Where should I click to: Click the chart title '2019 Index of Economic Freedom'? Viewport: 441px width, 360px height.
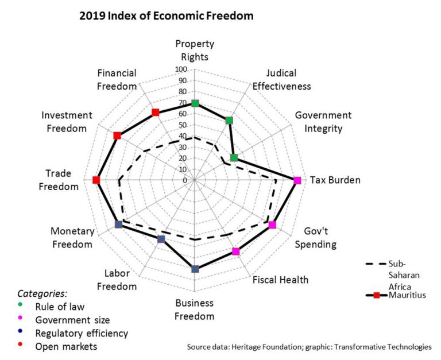166,16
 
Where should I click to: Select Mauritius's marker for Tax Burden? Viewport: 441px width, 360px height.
297,180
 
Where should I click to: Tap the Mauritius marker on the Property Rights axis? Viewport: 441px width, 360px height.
195,103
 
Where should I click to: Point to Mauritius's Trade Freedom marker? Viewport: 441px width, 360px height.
96,180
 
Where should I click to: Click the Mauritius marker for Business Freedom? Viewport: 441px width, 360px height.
195,269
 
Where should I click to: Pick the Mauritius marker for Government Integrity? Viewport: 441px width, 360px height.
234,158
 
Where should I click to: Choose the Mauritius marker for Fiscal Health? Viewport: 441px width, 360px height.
235,251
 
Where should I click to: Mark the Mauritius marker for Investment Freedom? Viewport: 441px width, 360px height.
117,136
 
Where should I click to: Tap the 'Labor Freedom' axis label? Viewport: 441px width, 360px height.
117,280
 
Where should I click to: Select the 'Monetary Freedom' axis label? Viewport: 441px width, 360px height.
72,238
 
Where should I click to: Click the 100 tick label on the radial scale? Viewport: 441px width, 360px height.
181,69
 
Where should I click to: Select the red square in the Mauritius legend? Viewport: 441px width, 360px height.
376,296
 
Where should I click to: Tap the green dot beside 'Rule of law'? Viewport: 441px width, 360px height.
21,306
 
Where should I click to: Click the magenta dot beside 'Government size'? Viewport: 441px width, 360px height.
21,320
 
